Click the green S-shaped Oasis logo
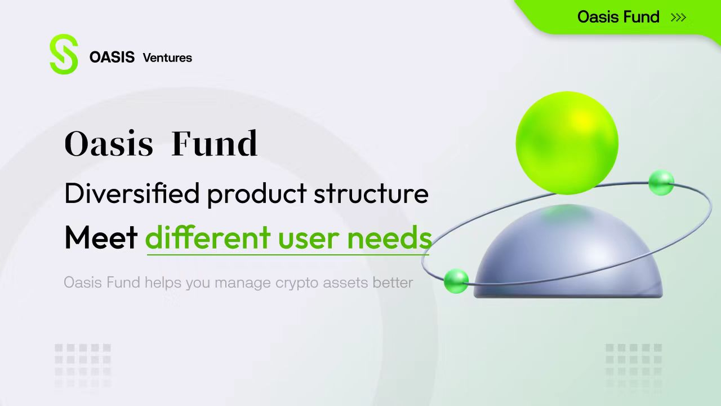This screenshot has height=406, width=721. pos(64,54)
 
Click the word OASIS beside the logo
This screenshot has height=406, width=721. pos(112,58)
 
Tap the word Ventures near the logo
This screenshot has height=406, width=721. pos(167,58)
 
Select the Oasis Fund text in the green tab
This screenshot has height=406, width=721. pos(618,17)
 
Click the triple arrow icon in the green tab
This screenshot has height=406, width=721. pos(679,17)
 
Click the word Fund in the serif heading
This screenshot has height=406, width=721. pos(215,143)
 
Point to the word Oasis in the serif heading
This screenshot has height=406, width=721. pos(109,143)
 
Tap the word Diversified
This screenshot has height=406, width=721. pos(132,193)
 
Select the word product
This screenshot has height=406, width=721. pos(257,195)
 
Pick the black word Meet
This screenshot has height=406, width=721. pos(101,237)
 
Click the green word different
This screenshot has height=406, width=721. pos(208,237)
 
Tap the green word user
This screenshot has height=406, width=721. pos(308,240)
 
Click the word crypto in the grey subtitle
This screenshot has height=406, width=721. pos(297,284)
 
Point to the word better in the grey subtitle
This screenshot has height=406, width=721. pos(393,283)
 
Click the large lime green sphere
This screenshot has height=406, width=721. pos(567,143)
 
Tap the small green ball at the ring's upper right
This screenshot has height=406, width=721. pos(661,183)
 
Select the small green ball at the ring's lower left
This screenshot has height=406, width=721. pos(456,281)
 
